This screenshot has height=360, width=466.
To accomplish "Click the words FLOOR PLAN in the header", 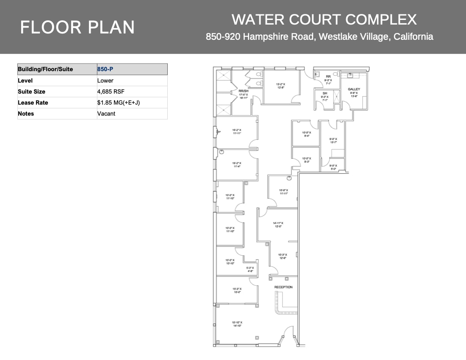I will pyautogui.click(x=78, y=28).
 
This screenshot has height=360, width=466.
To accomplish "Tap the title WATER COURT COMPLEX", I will pyautogui.click(x=324, y=19).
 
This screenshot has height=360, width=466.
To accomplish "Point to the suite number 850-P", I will pyautogui.click(x=105, y=69).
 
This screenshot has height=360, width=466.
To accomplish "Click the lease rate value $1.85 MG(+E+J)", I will pyautogui.click(x=118, y=102).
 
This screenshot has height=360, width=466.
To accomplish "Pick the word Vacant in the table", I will pyautogui.click(x=106, y=114).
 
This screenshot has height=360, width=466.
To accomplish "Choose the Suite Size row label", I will pyautogui.click(x=31, y=91).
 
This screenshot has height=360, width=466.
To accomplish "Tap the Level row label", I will pyautogui.click(x=25, y=80).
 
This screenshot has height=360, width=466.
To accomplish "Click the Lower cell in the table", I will pyautogui.click(x=105, y=80).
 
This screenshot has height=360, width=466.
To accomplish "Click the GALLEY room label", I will pyautogui.click(x=354, y=89).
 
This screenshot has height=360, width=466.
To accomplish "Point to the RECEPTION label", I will pyautogui.click(x=283, y=287).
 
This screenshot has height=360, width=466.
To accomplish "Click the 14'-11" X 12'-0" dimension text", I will pyautogui.click(x=278, y=224).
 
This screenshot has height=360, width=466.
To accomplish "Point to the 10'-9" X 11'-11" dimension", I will pyautogui.click(x=283, y=192).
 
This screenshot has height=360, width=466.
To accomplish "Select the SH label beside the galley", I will pyautogui.click(x=325, y=93).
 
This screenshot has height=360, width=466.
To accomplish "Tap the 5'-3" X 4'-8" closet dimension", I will pyautogui.click(x=250, y=269).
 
